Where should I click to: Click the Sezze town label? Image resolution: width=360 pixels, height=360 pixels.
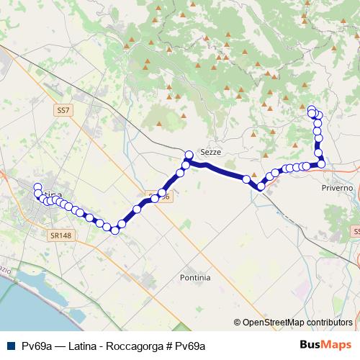tap(211, 153)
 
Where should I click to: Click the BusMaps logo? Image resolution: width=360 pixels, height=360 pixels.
tap(325, 345)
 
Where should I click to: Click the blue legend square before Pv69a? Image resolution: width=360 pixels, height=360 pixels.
tap(10, 346)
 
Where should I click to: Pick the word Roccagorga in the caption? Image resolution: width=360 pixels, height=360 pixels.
tap(135, 346)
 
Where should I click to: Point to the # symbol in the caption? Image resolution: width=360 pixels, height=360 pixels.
tap(170, 346)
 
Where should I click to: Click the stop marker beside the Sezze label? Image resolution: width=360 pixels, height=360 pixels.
tap(189, 154)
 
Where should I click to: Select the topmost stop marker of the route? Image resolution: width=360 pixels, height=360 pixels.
tap(312, 109)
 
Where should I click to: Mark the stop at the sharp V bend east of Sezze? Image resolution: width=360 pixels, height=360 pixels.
tap(261, 186)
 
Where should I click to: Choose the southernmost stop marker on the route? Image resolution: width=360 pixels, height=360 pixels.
tap(114, 230)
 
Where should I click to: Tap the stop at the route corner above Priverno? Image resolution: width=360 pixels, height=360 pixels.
tap(321, 164)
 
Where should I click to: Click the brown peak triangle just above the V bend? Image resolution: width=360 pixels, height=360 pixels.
tap(253, 174)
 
